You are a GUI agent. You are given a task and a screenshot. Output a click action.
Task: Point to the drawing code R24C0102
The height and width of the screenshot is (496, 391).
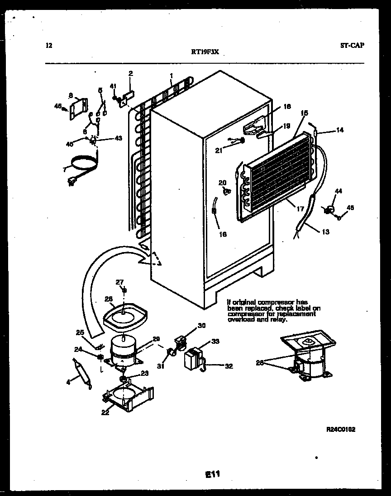pos(340,430)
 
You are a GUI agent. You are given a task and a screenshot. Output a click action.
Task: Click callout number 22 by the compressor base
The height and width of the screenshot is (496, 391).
pos(105,412)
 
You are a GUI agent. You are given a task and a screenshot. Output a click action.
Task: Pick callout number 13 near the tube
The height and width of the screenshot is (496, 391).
pos(326,232)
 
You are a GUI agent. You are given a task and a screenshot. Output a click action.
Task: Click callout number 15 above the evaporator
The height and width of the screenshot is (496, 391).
pos(304,112)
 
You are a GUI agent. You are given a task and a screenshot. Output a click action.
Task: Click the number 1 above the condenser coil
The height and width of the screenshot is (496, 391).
pos(171,75)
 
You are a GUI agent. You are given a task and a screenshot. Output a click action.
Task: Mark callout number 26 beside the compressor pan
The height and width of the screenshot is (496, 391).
pos(108,298)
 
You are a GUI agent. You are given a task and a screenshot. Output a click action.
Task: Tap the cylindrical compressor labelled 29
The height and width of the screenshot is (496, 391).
pos(123,350)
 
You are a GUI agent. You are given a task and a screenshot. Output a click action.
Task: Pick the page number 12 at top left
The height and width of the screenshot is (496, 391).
pos(49,45)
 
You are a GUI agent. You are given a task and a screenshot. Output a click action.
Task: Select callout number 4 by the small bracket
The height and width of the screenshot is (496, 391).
pos(68,382)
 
